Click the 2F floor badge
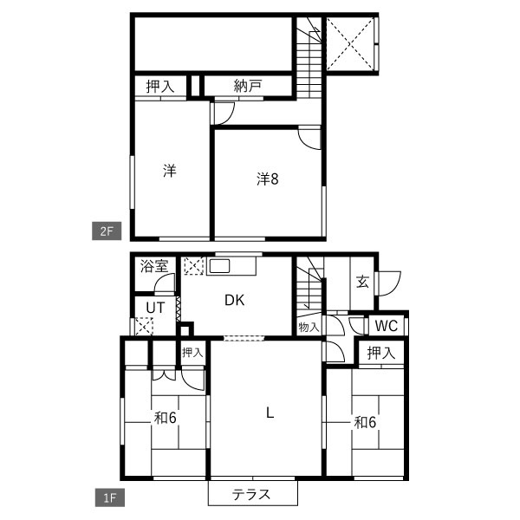tap(107, 231)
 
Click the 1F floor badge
tap(110, 497)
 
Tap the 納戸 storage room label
tap(248, 86)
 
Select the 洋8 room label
tap(267, 179)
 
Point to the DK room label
tap(235, 300)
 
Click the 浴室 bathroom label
tap(154, 266)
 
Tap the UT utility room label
tap(155, 308)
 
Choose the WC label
tap(387, 326)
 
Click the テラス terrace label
tap(251, 495)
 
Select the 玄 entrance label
tap(362, 282)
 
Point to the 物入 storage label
tap(309, 327)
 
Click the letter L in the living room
tap(270, 413)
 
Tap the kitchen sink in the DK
tap(219, 266)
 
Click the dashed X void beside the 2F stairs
tap(350, 44)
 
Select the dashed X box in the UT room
tap(144, 327)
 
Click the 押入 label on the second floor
tap(160, 87)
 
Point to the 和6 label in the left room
tap(166, 418)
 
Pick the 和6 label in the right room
tap(365, 423)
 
